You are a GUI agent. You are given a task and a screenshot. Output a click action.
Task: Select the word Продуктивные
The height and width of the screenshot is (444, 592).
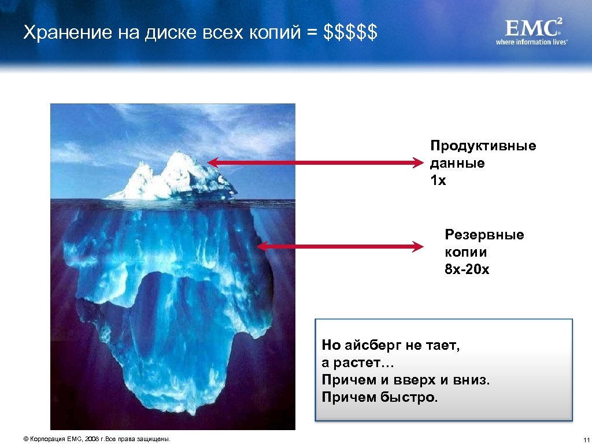pos(483,146)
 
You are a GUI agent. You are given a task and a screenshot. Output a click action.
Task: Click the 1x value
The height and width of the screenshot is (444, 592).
pos(438,180)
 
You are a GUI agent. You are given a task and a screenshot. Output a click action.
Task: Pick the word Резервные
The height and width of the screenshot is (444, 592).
pos(484,235)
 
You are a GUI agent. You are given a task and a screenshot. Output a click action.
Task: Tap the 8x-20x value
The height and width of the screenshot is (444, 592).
pos(467,269)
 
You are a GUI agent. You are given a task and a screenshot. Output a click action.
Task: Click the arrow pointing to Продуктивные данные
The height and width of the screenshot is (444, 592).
pos(316,163)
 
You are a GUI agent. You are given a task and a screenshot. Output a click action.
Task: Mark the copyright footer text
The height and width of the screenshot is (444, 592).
pos(97,439)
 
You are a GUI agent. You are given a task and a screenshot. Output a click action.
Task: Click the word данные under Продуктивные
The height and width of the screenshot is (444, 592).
pos(457,163)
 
